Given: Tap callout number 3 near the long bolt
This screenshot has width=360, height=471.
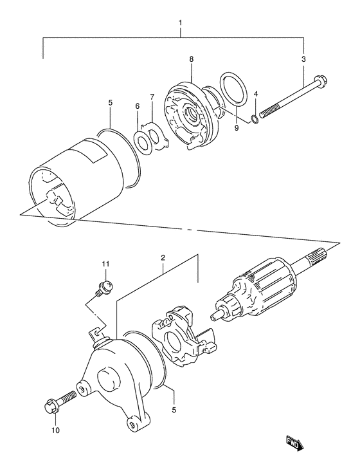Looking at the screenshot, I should (x=304, y=59).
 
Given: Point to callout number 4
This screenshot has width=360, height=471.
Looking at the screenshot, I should (x=256, y=94).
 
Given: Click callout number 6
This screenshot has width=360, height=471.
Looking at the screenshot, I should (x=137, y=106).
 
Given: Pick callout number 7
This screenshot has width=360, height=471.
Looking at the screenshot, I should (x=152, y=97).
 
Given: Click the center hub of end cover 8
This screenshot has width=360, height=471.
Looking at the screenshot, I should (x=192, y=116).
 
